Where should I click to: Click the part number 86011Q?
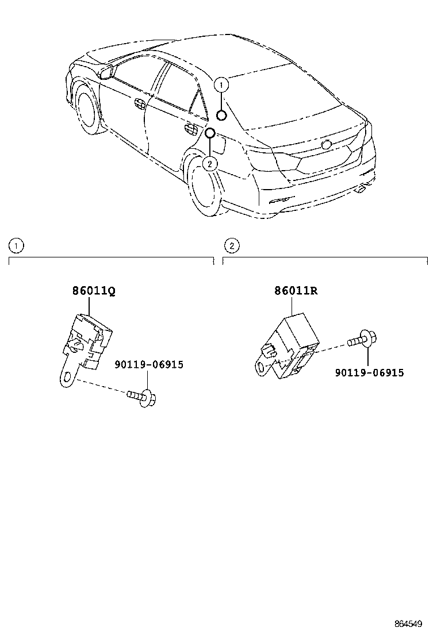tap(94, 291)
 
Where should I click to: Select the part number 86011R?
tap(296, 291)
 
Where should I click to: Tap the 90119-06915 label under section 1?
tap(148, 364)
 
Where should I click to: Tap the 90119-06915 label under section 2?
tap(369, 373)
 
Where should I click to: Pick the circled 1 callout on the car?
tap(221, 84)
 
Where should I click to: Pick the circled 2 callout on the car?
tap(210, 163)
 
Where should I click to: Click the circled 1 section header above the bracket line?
tap(16, 246)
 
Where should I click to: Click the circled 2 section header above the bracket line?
tap(231, 246)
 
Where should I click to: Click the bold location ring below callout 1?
tap(221, 116)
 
